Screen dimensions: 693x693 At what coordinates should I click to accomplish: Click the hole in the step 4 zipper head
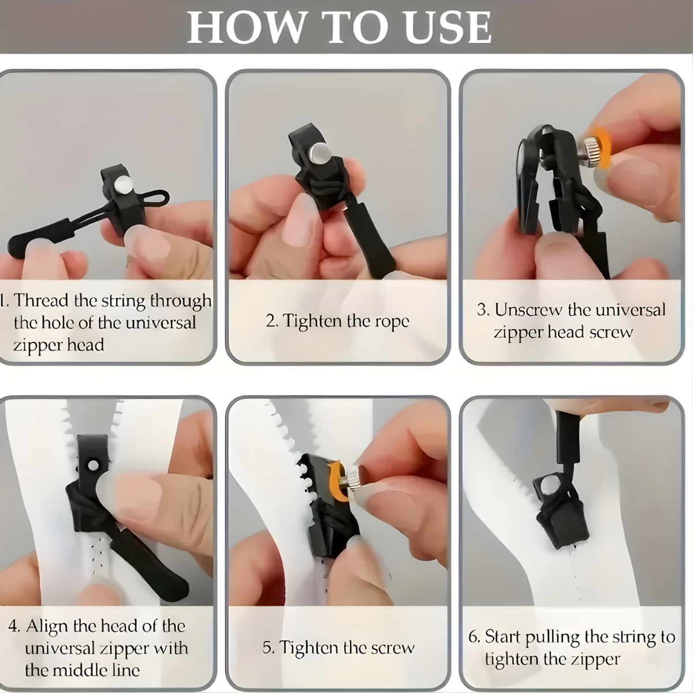[94, 465]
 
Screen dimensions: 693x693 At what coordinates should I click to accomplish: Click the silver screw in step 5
[351, 478]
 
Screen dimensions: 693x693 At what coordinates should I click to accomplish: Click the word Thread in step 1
[40, 301]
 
